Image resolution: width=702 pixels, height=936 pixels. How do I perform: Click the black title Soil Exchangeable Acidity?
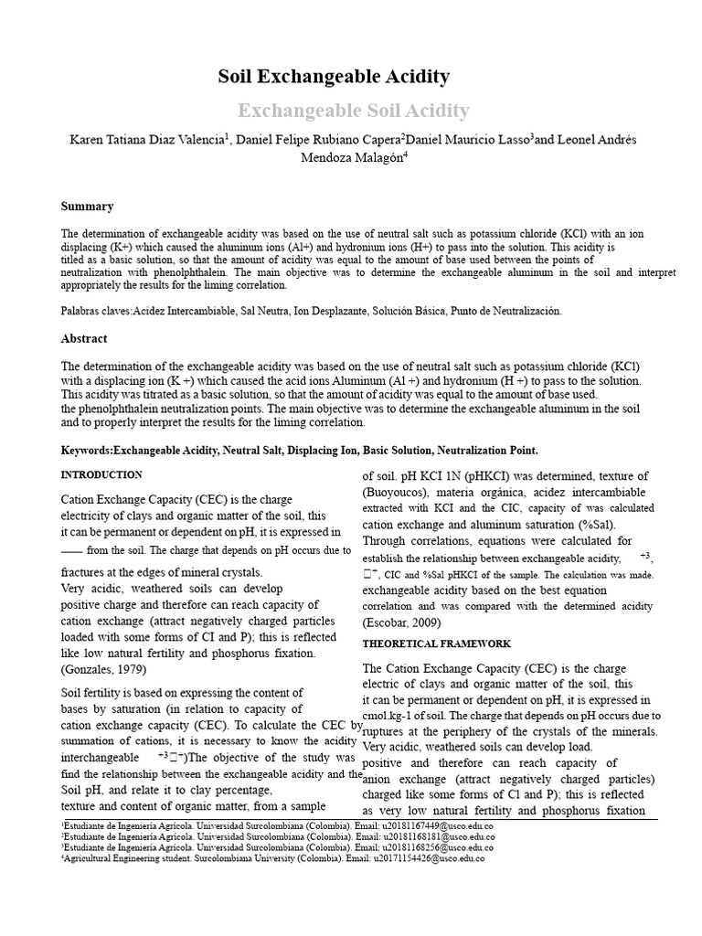point(334,77)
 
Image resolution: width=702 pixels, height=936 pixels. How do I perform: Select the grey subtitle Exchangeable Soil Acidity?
point(354,112)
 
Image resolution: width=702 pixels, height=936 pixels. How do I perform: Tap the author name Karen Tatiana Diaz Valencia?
point(146,140)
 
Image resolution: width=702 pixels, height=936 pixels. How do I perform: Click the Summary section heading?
point(87,207)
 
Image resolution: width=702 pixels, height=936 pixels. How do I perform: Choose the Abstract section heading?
point(84,338)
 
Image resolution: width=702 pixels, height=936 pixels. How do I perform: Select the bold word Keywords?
point(86,451)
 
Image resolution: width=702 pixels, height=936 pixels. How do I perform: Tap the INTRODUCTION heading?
point(101,475)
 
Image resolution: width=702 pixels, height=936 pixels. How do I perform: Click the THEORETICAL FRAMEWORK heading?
point(436,643)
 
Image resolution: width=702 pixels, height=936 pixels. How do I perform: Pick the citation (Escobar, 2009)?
point(402,622)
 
